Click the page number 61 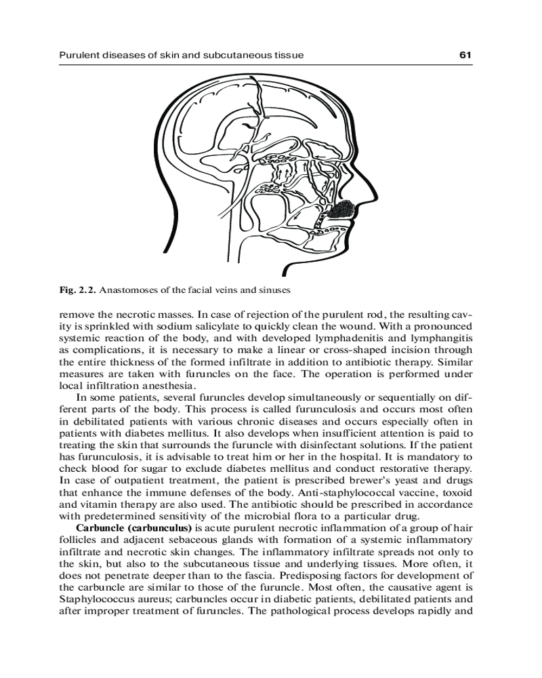(465, 54)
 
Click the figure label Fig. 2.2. (77, 290)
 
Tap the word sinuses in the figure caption (274, 290)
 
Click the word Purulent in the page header (80, 54)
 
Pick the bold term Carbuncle (99, 527)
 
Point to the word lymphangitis (438, 337)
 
